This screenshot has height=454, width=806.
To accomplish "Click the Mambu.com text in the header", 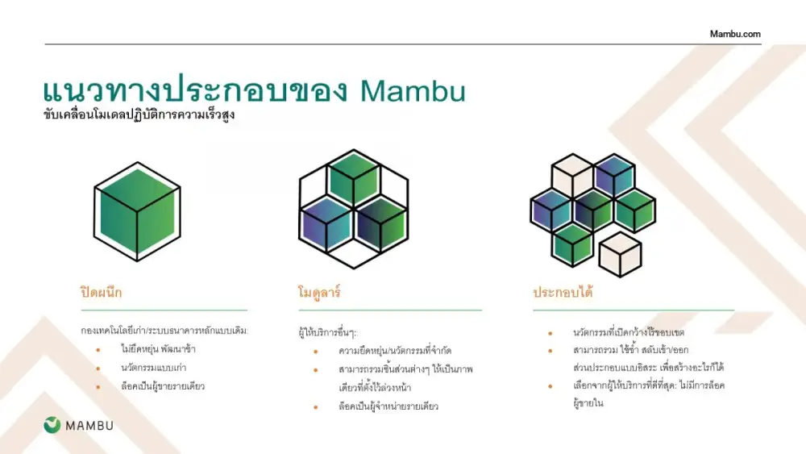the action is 735,34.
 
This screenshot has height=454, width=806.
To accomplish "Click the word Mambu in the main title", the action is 413,91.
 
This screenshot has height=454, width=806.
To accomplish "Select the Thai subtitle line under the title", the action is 139,115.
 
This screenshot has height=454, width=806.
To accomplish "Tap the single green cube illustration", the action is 137,211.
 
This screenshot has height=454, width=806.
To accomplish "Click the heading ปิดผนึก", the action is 102,292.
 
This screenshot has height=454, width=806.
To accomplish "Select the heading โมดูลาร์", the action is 319,293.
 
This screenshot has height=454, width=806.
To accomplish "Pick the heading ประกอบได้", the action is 563,292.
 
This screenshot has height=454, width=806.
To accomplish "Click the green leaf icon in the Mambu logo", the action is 52,425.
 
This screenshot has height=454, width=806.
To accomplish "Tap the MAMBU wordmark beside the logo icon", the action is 89,426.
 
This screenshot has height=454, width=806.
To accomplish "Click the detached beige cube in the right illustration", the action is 621,254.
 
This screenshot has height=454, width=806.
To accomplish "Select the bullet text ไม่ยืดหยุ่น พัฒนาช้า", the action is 158,349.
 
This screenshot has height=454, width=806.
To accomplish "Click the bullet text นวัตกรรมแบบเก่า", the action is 154,368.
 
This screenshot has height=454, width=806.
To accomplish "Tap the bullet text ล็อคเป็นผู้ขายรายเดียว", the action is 163,386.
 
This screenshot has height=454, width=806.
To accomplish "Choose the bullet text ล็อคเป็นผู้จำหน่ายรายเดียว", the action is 388,406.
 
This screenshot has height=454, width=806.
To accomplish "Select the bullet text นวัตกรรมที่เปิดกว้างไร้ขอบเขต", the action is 629,332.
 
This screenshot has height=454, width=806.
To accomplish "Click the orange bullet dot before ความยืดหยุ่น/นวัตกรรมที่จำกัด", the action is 316,352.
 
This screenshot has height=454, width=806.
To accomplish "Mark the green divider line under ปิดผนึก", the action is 164,310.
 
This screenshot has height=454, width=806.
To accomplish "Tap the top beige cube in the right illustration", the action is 572,176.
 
